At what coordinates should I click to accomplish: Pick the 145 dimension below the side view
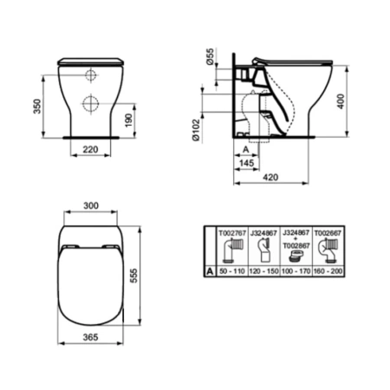[x=247, y=163]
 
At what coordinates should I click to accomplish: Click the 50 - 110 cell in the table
[x=232, y=272]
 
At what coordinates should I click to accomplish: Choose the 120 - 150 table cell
[x=263, y=272]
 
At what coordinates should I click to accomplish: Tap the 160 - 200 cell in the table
[x=328, y=272]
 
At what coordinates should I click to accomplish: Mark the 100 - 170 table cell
[x=296, y=272]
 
